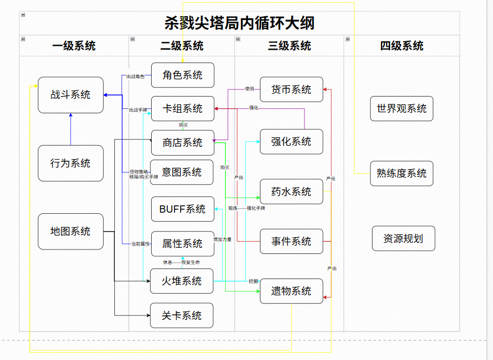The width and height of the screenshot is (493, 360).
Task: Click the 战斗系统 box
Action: coord(71,95)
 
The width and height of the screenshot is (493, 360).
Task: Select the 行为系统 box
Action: coord(71,164)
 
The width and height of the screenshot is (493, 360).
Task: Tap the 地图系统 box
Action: coord(71,232)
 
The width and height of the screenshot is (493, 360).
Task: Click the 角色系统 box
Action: coord(182,75)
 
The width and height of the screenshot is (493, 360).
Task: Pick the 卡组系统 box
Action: coord(182,109)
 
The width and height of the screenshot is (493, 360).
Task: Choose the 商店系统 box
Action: coord(182,143)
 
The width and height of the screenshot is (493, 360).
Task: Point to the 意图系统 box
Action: coord(182,172)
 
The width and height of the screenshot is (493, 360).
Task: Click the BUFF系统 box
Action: coord(182,209)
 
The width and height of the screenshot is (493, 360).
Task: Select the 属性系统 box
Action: coord(182,244)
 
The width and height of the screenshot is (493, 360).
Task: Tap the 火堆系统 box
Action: coord(182,281)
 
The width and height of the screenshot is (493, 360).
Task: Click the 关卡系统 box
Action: coord(182,316)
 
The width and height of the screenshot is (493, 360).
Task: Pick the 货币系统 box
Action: coord(291,90)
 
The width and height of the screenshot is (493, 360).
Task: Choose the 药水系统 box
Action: coord(291,192)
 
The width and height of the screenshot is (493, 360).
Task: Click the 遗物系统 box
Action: coord(291,291)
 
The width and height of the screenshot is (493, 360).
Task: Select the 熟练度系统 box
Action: coord(402,174)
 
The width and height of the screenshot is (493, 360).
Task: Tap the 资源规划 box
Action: coord(403,239)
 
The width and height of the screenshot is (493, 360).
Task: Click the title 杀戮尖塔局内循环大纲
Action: coord(239,23)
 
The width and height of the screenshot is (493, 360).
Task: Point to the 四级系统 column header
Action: coord(402,46)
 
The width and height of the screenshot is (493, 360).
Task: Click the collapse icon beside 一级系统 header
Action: coord(23,39)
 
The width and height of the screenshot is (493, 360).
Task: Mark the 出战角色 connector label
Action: coord(135,76)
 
